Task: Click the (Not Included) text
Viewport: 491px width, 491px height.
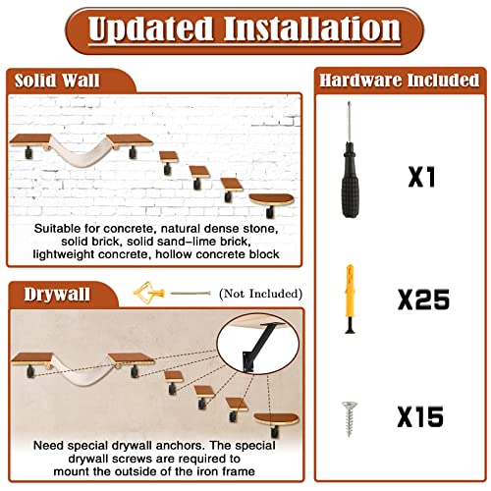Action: point(259,293)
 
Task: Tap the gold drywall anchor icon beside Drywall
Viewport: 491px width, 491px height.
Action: point(146,292)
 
